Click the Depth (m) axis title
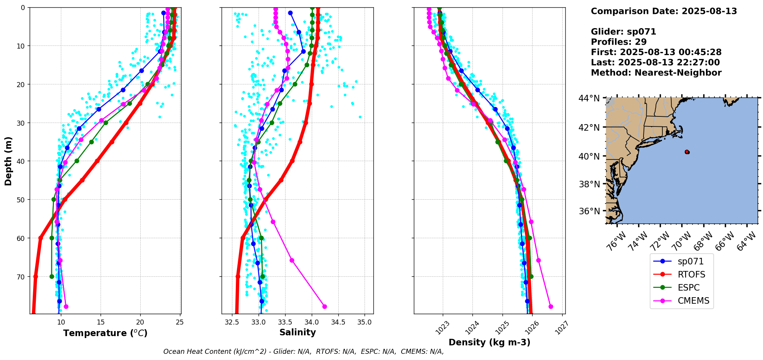click(x=8, y=161)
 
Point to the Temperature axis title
click(x=105, y=333)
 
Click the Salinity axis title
click(x=297, y=332)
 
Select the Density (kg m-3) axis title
click(x=489, y=342)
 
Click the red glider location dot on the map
click(x=687, y=152)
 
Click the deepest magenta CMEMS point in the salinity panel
click(x=324, y=306)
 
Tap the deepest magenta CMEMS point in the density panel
click(x=551, y=306)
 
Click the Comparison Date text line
click(x=664, y=11)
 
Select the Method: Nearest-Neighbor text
click(x=656, y=72)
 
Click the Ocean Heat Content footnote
click(x=303, y=352)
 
